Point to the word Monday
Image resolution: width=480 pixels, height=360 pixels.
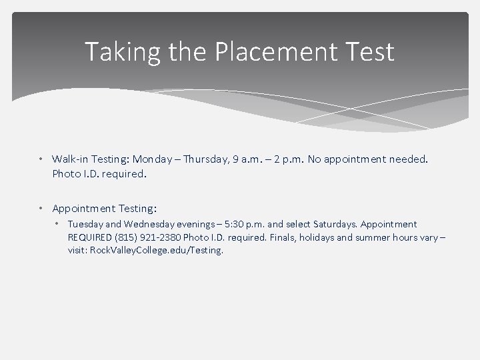pyautogui.click(x=154, y=159)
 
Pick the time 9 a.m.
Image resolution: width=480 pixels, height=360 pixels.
pyautogui.click(x=257, y=159)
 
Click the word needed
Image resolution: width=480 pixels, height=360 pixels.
pyautogui.click(x=409, y=159)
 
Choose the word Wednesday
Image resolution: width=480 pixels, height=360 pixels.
pyautogui.click(x=153, y=225)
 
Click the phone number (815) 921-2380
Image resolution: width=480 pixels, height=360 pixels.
pyautogui.click(x=151, y=238)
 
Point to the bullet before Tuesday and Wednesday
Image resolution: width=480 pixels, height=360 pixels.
pyautogui.click(x=58, y=225)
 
